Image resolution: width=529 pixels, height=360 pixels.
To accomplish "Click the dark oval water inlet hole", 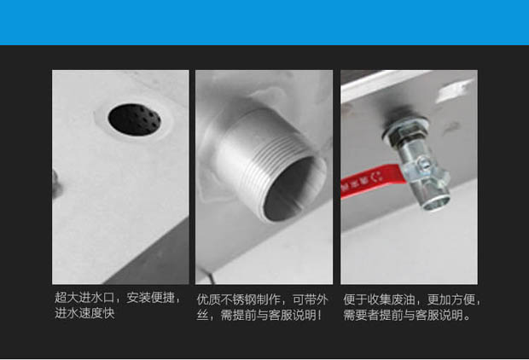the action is point(134,119).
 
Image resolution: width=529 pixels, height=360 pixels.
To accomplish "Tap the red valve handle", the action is point(372,181).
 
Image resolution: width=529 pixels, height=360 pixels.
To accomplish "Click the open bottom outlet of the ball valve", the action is point(437,202).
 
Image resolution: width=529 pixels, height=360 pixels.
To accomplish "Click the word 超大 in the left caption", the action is point(67,298).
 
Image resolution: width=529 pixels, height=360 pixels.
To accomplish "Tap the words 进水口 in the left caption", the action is point(96,298).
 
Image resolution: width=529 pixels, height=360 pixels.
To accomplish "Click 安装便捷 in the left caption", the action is point(150,298).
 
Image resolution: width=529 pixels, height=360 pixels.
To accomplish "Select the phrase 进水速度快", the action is point(84,313).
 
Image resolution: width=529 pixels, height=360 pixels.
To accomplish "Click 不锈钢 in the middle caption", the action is point(239,299).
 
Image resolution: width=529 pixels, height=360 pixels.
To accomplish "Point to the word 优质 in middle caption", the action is point(208,299).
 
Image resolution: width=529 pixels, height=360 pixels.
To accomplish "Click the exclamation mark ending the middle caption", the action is point(319,315).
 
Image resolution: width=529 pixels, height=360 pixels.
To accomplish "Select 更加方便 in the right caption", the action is point(451,299).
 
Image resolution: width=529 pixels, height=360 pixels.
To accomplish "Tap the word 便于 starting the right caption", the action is point(355,299).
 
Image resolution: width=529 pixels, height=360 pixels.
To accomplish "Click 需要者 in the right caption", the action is point(361,315).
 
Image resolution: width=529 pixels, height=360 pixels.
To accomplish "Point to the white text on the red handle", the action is point(362,181).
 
